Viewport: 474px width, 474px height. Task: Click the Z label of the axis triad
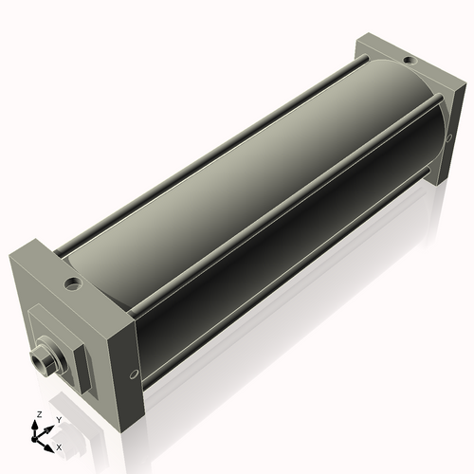[x=38, y=415]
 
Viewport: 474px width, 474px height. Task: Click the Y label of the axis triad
[x=60, y=419]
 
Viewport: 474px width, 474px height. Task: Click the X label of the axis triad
[x=59, y=446]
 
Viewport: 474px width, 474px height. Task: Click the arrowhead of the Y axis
[x=52, y=426]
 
